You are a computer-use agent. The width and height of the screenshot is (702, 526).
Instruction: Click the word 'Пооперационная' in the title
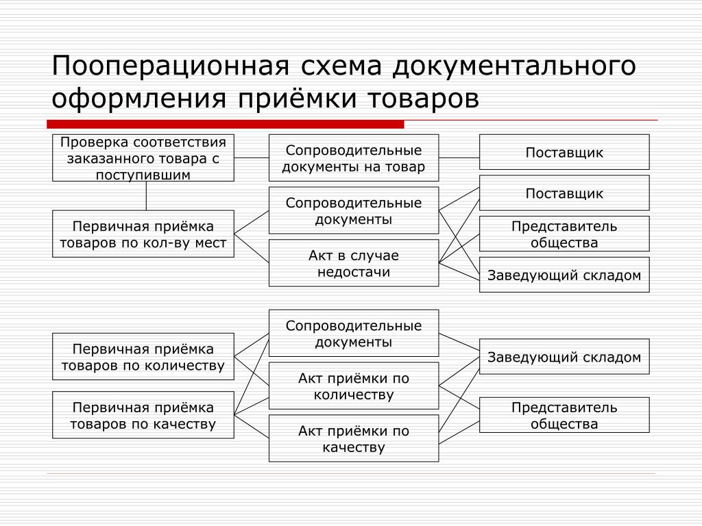(x=171, y=66)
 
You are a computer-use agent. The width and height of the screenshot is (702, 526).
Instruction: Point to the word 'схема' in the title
(x=341, y=66)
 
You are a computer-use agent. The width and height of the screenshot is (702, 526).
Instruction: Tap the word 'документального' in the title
(x=514, y=66)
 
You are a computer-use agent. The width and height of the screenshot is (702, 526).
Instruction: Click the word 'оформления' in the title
(x=139, y=99)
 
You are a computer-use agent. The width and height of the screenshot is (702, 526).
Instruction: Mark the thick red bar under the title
(x=225, y=124)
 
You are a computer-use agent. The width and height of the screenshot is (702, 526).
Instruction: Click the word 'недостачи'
(x=354, y=271)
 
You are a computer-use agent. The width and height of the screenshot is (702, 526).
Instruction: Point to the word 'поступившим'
(x=143, y=175)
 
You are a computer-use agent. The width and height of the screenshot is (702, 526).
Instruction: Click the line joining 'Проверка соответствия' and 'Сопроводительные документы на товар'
(x=252, y=158)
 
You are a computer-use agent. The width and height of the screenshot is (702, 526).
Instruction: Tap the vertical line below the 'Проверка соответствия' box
(x=147, y=196)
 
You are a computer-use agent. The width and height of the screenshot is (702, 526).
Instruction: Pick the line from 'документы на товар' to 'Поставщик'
(x=459, y=158)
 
